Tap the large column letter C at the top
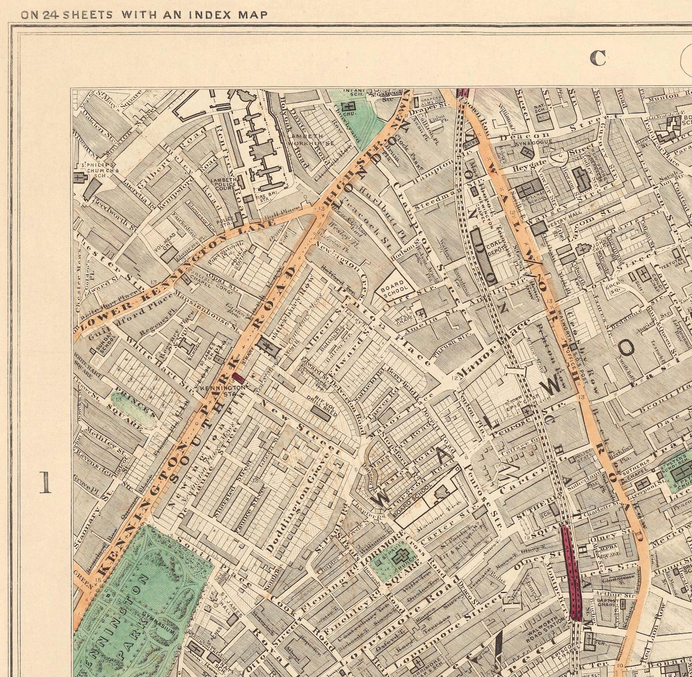point(598,58)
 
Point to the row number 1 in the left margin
point(45,483)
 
